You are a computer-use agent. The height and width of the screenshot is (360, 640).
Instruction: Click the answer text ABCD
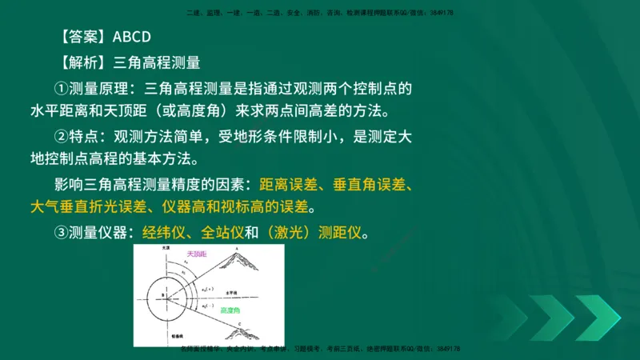132,37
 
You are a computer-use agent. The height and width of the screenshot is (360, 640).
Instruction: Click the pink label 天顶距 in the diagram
196,254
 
